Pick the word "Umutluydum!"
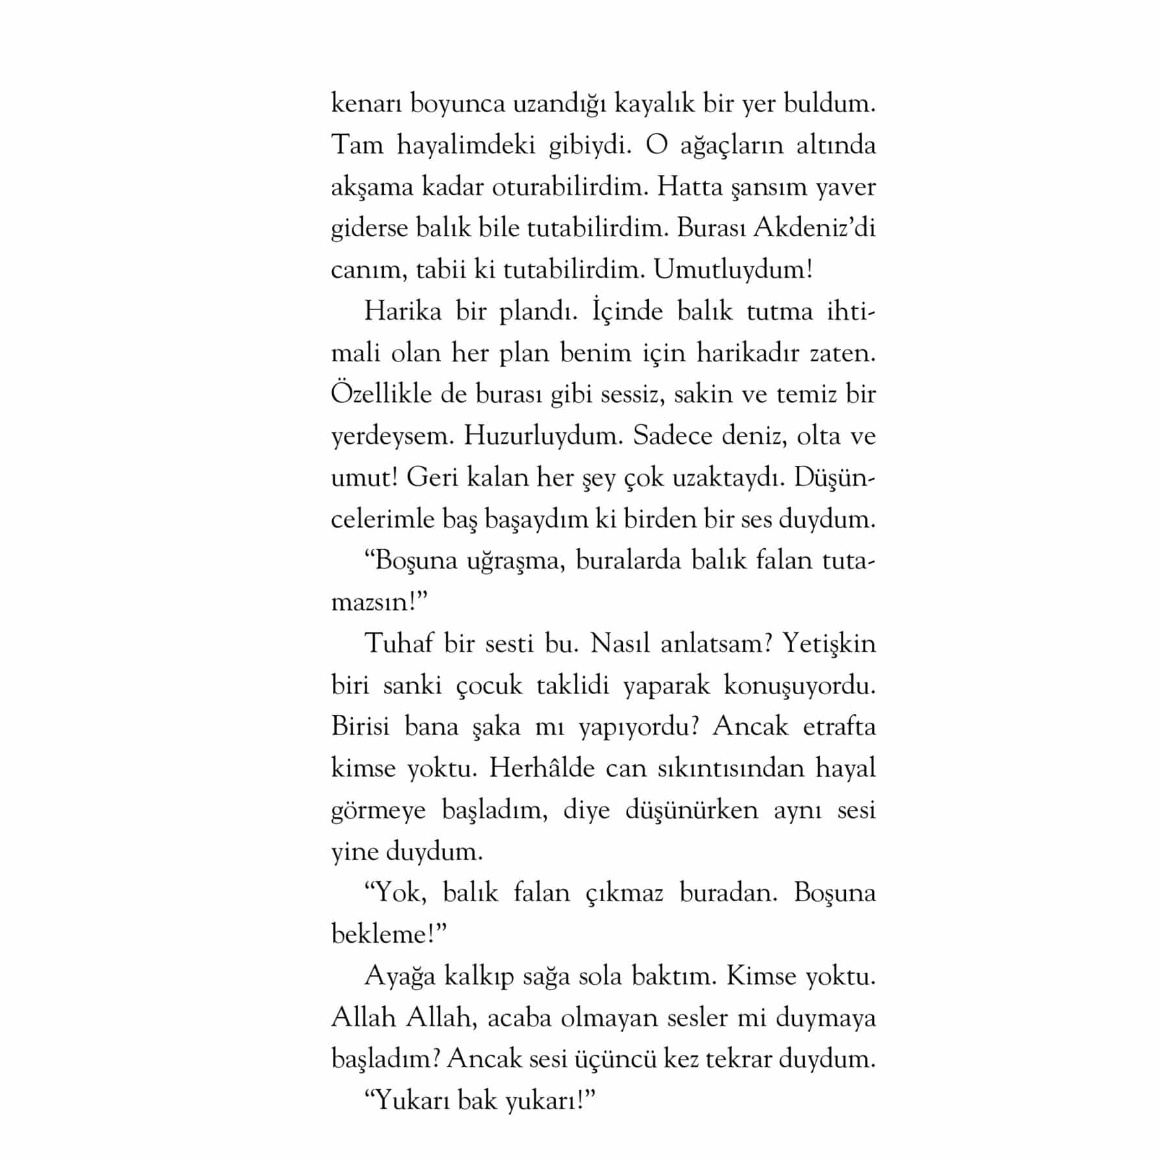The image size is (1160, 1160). click(732, 270)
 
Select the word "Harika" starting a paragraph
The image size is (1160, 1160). click(402, 311)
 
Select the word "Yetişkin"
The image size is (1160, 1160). click(828, 644)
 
